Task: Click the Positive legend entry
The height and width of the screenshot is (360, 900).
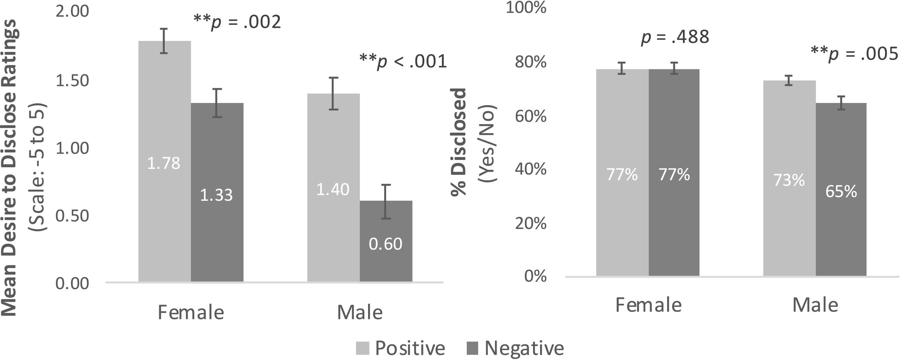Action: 400,348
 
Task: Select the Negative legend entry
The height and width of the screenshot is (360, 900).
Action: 515,348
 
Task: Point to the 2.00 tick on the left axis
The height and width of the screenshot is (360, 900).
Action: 72,11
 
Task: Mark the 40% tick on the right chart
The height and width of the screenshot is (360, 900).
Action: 530,169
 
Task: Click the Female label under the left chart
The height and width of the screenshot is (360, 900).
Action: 191,313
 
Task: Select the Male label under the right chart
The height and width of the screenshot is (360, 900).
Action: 815,305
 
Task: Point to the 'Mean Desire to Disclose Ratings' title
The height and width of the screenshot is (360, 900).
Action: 9,168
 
